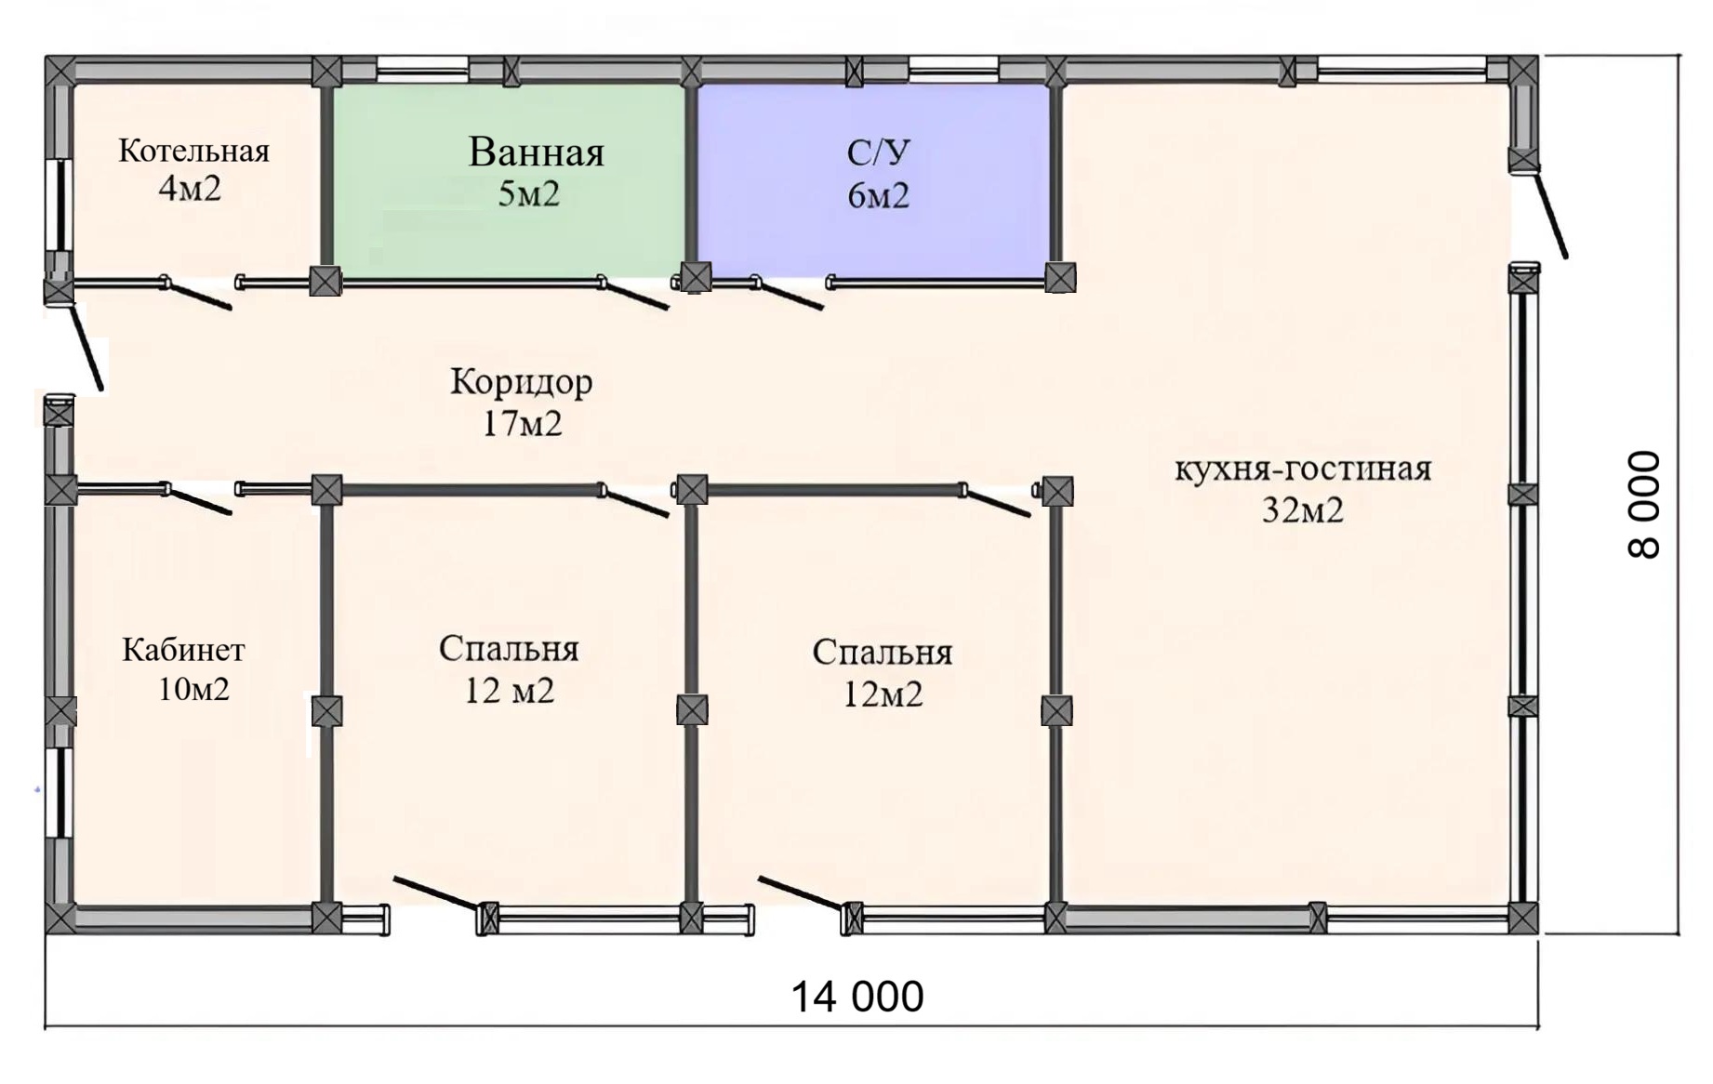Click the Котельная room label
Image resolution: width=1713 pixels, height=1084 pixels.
point(193,151)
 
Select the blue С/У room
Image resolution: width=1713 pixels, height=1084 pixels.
point(873,180)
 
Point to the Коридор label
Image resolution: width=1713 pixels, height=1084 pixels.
point(521,382)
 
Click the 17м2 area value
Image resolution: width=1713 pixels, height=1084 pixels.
point(522,424)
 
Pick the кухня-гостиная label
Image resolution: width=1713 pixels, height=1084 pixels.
point(1303,469)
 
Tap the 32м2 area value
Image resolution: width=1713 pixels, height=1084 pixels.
point(1303,510)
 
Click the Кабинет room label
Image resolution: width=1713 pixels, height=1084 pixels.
point(183,650)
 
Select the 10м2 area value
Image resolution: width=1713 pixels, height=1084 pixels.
point(193,690)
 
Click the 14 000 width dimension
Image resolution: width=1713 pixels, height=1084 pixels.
point(856,997)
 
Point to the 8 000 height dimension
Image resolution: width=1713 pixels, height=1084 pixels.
point(1644,505)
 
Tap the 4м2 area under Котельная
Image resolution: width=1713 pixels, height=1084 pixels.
point(190,189)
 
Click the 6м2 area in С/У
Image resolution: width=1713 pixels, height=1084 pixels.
point(878,196)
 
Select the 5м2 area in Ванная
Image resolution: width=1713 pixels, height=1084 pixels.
point(528,194)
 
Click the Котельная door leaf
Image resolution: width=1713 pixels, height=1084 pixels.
point(197,294)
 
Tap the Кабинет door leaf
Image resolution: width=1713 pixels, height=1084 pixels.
point(198,499)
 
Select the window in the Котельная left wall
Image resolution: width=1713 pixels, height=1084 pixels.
point(60,205)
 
